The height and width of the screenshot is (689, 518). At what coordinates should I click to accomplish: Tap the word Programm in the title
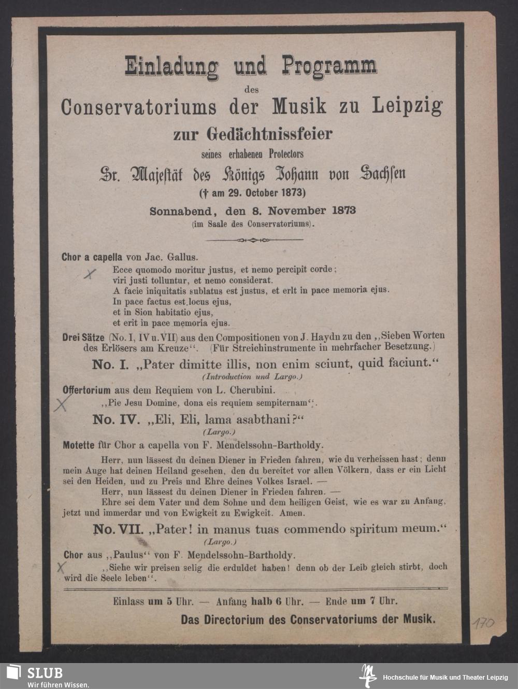click(x=329, y=66)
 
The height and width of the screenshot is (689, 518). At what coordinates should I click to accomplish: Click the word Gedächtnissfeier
click(x=269, y=134)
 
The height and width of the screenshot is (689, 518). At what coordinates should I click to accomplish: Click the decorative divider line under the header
click(x=252, y=240)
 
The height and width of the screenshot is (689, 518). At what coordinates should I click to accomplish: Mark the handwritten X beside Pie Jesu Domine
click(x=61, y=403)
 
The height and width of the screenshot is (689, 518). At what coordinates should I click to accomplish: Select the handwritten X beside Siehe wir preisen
click(x=61, y=568)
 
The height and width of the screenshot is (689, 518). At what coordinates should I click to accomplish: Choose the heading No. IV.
click(x=116, y=419)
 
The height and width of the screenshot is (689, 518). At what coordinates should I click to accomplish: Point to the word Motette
click(x=78, y=445)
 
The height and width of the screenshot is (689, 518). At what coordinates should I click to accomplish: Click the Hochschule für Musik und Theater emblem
click(x=368, y=676)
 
